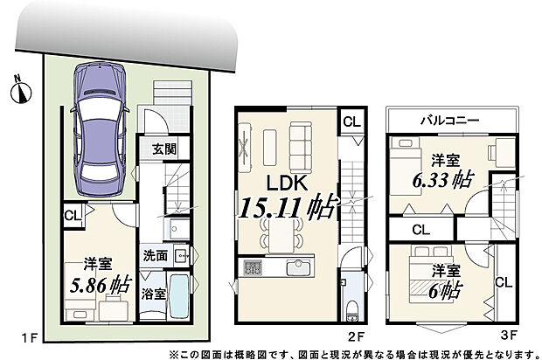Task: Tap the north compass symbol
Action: [20, 87]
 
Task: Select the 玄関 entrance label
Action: [162, 149]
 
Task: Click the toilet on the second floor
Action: [350, 307]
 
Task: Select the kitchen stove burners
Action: [253, 267]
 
